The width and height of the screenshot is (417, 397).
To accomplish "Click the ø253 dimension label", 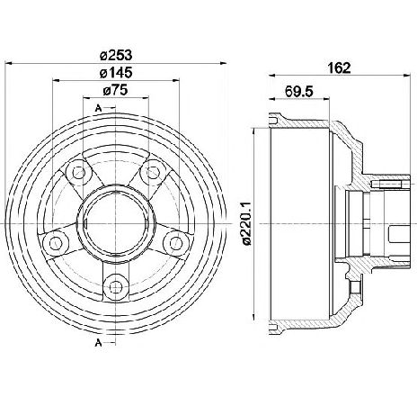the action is pos(116,55).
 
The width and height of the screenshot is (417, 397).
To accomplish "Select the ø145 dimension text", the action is pos(116,73).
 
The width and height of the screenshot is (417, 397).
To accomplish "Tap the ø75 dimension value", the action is pos(116,90).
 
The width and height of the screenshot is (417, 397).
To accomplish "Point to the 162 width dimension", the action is pos(339,68).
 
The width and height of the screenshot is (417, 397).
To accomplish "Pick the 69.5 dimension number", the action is pos(299,91).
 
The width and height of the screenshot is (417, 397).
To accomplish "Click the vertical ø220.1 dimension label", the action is pos(247,224).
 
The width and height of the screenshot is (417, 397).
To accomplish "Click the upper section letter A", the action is pos(98,108).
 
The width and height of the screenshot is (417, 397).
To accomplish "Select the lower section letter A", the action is pos(98,342).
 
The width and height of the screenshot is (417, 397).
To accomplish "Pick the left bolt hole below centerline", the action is pos(56,243).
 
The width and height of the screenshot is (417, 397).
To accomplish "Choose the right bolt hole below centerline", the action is pos(176,243).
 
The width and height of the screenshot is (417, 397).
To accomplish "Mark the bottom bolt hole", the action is pos(115,287).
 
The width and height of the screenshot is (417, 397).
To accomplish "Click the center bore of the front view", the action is pos(116,224).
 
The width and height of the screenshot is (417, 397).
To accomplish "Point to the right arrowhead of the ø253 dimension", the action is pos(224,63).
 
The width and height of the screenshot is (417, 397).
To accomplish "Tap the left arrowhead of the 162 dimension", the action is pos(272,76).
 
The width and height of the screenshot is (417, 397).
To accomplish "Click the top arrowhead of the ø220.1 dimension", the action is pos(254,131).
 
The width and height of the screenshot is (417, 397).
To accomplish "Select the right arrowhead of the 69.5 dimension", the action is pos(326,98).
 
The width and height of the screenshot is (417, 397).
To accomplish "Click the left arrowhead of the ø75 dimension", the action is pos(86,97).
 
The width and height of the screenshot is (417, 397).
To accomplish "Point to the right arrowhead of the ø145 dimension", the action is pos(176,80).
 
